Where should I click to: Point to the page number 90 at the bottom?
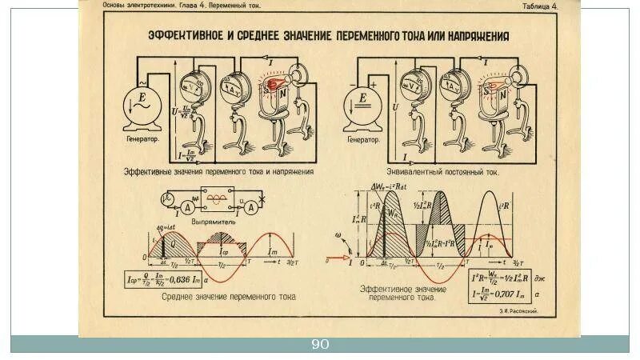[x=320, y=345]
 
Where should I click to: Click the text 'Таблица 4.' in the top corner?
[x=539, y=5]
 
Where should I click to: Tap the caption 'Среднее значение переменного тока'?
[x=229, y=296]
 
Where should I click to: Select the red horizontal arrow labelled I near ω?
[x=335, y=261]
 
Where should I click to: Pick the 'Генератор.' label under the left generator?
[x=141, y=138]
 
